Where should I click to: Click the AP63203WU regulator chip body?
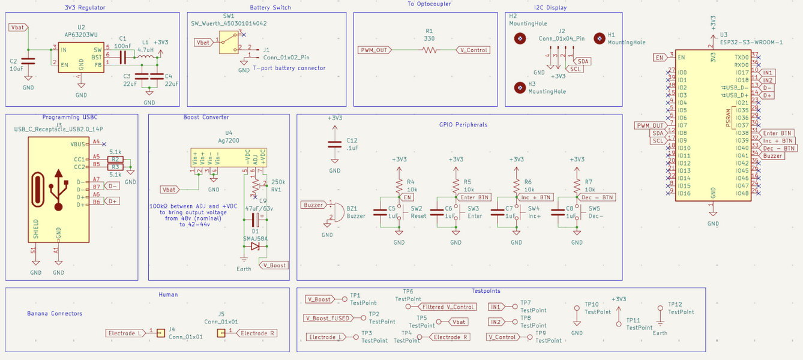(x=81, y=58)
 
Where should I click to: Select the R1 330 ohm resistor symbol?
(x=429, y=50)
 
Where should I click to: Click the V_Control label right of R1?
(x=472, y=50)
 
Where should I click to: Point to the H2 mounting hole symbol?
(x=520, y=39)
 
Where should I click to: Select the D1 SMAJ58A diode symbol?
(x=255, y=246)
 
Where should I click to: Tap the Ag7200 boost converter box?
(x=229, y=158)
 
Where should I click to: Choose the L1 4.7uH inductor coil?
(x=145, y=58)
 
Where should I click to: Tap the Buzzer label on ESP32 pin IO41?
(x=773, y=155)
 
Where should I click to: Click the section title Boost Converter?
(x=206, y=118)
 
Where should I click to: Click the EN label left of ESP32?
(x=660, y=58)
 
